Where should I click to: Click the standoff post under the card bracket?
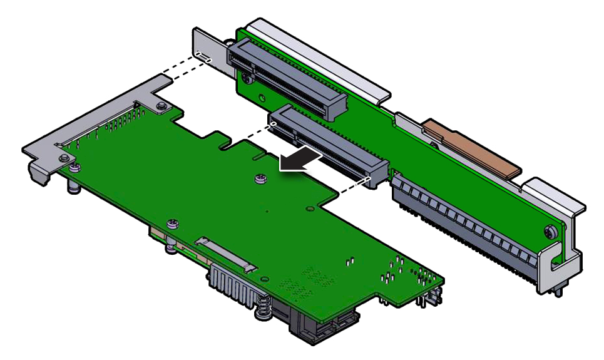74,186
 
